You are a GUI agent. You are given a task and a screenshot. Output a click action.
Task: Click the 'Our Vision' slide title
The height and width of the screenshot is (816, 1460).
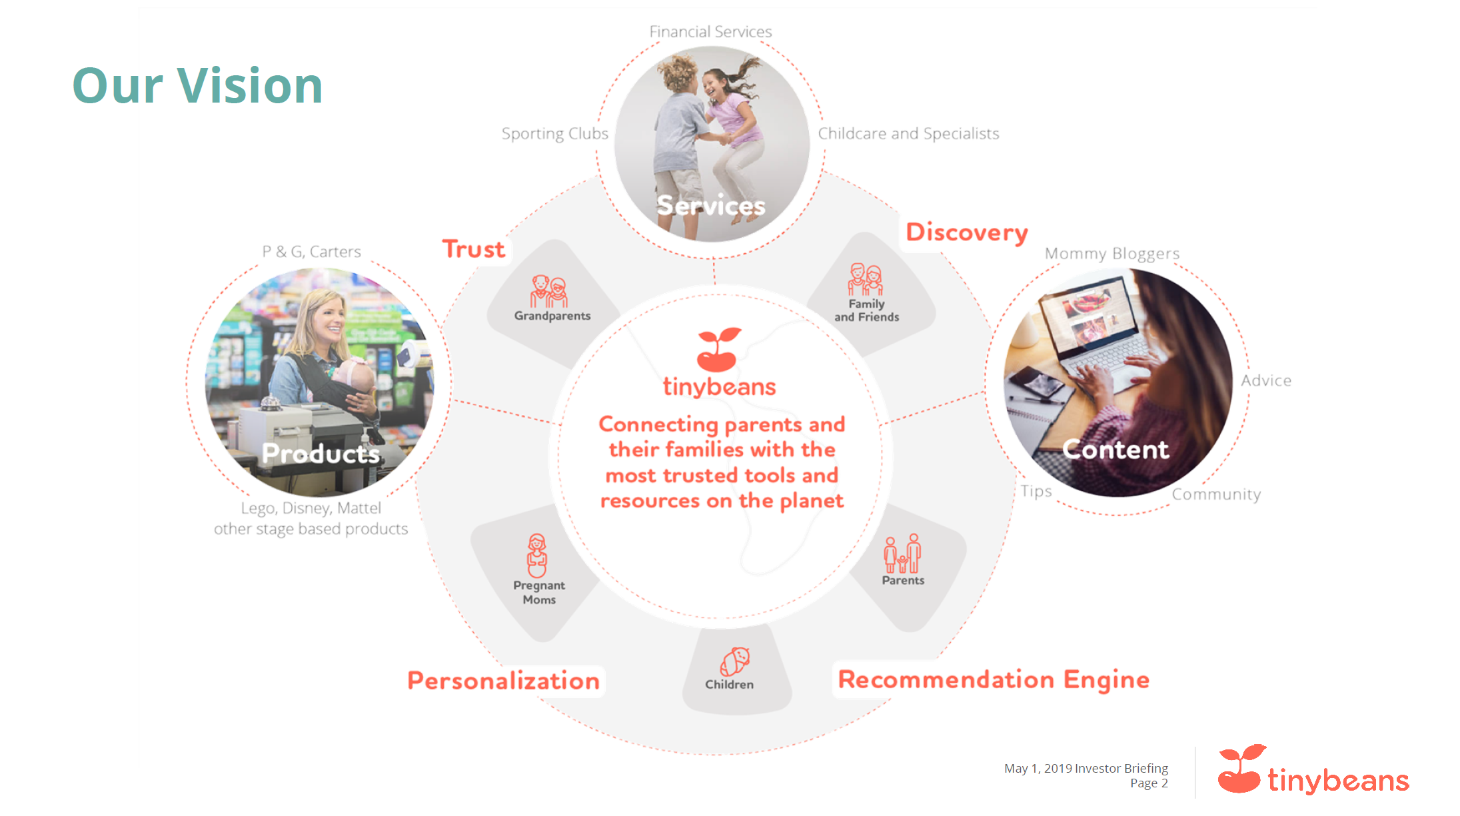click(x=197, y=85)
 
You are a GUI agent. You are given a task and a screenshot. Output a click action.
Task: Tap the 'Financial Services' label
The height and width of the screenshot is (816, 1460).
click(x=710, y=31)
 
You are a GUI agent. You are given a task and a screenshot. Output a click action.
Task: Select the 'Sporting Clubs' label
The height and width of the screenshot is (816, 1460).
click(x=554, y=134)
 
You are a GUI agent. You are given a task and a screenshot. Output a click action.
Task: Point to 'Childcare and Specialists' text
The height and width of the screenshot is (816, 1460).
click(x=908, y=134)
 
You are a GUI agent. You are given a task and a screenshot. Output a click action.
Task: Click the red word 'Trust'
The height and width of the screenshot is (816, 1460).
click(x=474, y=249)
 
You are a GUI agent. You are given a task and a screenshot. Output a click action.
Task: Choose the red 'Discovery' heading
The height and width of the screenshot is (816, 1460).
click(x=967, y=232)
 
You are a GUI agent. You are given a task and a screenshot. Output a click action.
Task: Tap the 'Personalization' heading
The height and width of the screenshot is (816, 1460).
click(x=504, y=681)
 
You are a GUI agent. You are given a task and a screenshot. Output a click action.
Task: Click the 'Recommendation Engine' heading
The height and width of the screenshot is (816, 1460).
click(x=994, y=680)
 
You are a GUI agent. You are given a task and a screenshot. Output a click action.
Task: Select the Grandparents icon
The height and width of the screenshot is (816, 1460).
click(x=548, y=292)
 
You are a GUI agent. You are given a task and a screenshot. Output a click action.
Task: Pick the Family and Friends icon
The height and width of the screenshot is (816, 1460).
click(x=866, y=279)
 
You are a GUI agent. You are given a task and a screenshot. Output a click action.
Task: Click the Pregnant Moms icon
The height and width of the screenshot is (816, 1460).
click(x=537, y=556)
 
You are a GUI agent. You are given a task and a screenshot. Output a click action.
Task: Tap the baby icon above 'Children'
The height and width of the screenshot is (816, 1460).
click(x=734, y=662)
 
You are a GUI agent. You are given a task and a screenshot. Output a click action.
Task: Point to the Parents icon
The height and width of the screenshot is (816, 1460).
click(x=902, y=554)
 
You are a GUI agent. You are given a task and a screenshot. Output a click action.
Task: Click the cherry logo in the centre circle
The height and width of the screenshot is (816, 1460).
click(x=718, y=349)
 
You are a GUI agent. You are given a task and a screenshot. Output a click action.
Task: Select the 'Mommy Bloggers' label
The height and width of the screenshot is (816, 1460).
click(x=1112, y=254)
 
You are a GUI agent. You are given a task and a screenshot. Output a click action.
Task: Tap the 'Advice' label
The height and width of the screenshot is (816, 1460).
click(x=1266, y=380)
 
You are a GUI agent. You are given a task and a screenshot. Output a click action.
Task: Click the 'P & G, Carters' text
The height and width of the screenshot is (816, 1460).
click(x=311, y=252)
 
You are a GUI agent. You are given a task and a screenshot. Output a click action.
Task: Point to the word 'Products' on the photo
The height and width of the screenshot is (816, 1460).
click(x=321, y=454)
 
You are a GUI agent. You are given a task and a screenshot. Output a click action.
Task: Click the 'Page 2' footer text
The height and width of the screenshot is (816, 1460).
click(x=1149, y=783)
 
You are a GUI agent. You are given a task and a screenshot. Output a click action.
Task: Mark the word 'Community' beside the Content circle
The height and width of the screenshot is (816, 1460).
click(x=1216, y=494)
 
